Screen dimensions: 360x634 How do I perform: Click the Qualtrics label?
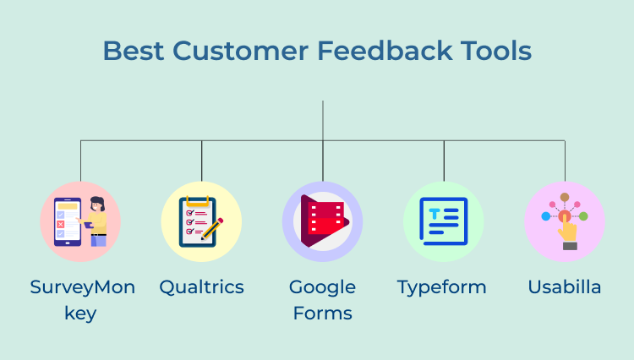(201, 287)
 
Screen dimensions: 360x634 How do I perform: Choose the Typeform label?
(442, 287)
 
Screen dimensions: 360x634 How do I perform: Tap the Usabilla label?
(565, 287)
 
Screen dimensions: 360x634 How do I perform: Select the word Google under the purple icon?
(322, 287)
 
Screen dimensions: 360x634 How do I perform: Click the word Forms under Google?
(322, 314)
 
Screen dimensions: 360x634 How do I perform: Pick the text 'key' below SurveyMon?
(80, 314)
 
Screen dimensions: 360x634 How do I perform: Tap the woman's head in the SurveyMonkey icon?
(96, 204)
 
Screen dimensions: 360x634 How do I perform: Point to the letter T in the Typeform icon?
(434, 215)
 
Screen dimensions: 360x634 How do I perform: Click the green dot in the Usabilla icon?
(583, 216)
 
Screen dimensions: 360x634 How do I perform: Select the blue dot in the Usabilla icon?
(546, 216)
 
